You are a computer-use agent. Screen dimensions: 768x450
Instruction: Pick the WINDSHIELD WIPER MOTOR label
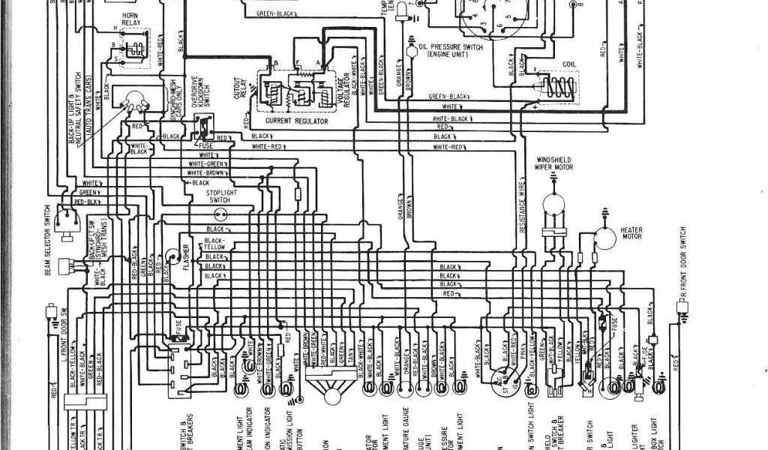click(x=556, y=163)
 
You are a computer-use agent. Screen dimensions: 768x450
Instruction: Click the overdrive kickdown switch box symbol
click(x=203, y=128)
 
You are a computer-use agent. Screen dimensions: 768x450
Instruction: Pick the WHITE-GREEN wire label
click(x=207, y=163)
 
